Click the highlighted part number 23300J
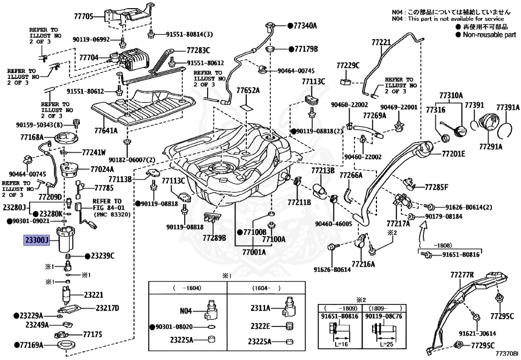point(37,239)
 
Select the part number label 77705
point(83,16)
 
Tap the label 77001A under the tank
point(254,252)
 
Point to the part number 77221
point(381,42)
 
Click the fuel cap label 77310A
point(451,96)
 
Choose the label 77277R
point(462,275)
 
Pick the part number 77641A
point(106,131)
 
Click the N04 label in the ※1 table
point(186,311)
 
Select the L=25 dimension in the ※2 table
point(387,344)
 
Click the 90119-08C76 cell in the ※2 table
point(384,316)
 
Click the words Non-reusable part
point(489,35)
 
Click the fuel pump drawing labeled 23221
point(67,294)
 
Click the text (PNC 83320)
point(112,214)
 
